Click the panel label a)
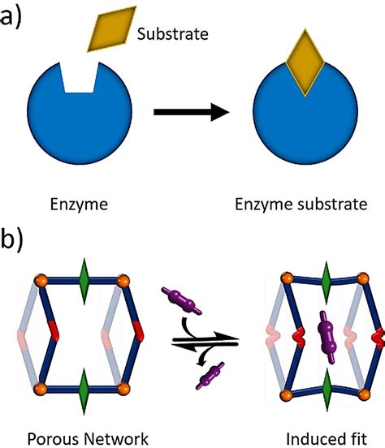19,18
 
